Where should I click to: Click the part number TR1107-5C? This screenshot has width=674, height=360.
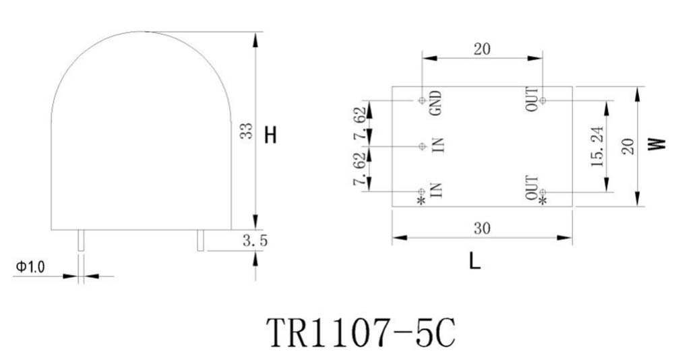pyautogui.click(x=361, y=332)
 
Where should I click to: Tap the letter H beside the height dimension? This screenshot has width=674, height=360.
pyautogui.click(x=270, y=136)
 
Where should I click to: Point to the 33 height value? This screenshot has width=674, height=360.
pyautogui.click(x=246, y=131)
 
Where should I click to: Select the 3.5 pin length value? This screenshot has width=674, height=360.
pyautogui.click(x=255, y=241)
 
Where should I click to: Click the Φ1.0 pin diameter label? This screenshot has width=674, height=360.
pyautogui.click(x=30, y=267)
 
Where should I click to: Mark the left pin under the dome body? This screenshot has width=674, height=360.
pyautogui.click(x=80, y=241)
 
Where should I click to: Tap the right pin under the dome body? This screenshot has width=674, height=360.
pyautogui.click(x=200, y=241)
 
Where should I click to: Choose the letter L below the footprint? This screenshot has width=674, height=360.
pyautogui.click(x=474, y=261)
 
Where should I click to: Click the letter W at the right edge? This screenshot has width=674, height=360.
pyautogui.click(x=656, y=144)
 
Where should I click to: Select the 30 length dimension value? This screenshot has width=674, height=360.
pyautogui.click(x=482, y=229)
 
